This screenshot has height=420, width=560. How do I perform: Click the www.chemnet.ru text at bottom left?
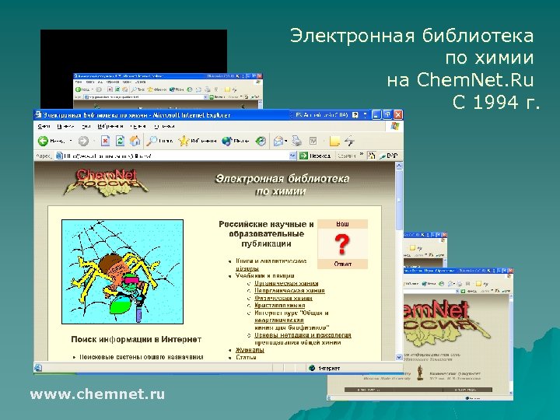(x=97, y=395)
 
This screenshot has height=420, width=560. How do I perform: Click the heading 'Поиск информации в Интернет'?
(x=136, y=339)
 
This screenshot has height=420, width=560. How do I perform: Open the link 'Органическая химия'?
(x=287, y=283)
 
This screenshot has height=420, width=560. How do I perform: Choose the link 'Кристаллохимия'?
(x=281, y=305)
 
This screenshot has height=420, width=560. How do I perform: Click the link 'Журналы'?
(x=250, y=350)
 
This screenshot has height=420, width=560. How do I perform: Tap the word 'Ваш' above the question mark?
(x=342, y=224)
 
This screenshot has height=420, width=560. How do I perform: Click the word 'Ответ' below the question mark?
(x=342, y=264)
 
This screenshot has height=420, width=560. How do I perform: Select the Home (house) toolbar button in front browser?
(x=135, y=141)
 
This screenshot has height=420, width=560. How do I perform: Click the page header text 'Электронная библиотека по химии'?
(x=282, y=184)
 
